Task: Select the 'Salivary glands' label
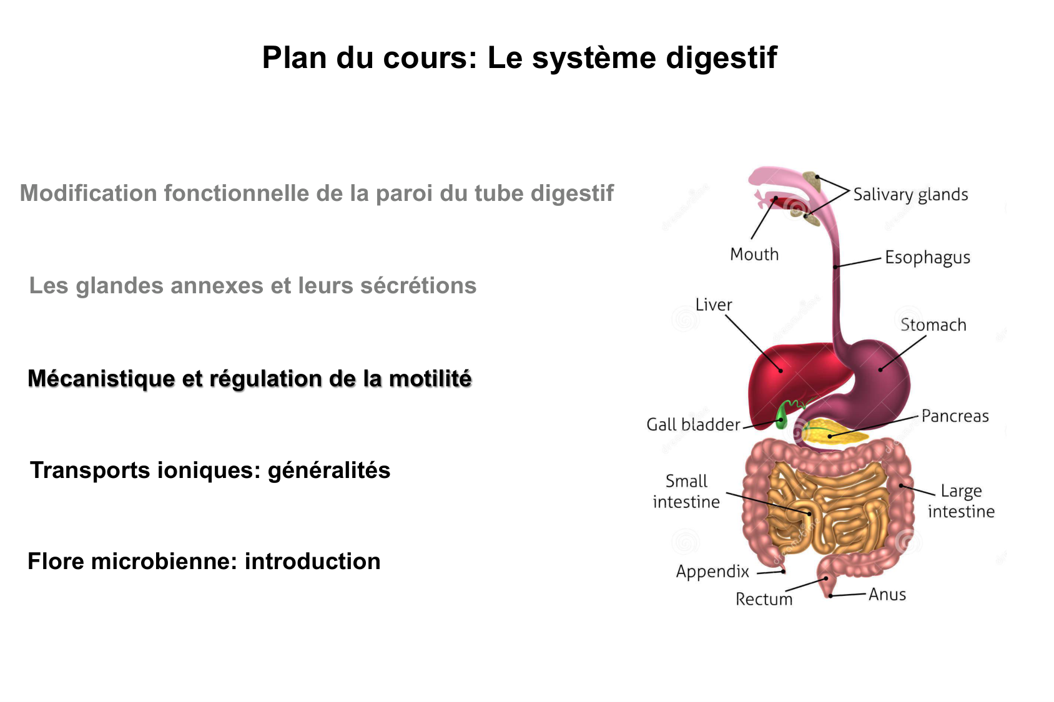[910, 195]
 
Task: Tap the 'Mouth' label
[754, 255]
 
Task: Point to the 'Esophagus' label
[927, 258]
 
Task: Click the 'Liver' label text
[713, 305]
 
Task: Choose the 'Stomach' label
[933, 325]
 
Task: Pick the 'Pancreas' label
[955, 416]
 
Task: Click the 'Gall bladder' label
[693, 425]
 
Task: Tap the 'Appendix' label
[712, 572]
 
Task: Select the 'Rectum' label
[764, 599]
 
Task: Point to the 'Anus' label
[887, 595]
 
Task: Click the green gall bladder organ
[781, 416]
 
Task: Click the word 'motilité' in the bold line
[430, 379]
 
